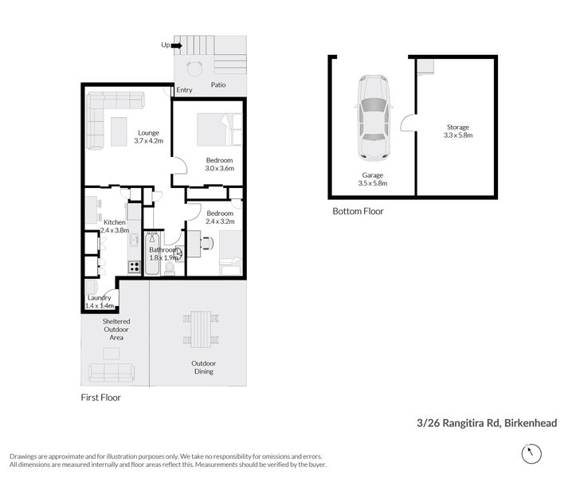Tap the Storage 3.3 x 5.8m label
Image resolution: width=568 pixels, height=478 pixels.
(x=457, y=131)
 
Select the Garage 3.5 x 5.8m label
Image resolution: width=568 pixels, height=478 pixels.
(x=373, y=178)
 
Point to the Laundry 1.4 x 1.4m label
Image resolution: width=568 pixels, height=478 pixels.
(x=100, y=302)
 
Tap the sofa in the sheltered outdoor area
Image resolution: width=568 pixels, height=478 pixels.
(x=110, y=372)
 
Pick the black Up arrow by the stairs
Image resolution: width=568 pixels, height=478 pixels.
(x=176, y=45)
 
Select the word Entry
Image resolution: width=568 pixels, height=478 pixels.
(x=184, y=90)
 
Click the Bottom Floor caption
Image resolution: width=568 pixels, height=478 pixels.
(x=358, y=212)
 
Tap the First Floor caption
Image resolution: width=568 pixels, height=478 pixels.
(x=101, y=397)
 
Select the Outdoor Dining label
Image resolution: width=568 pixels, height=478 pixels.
(x=203, y=367)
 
